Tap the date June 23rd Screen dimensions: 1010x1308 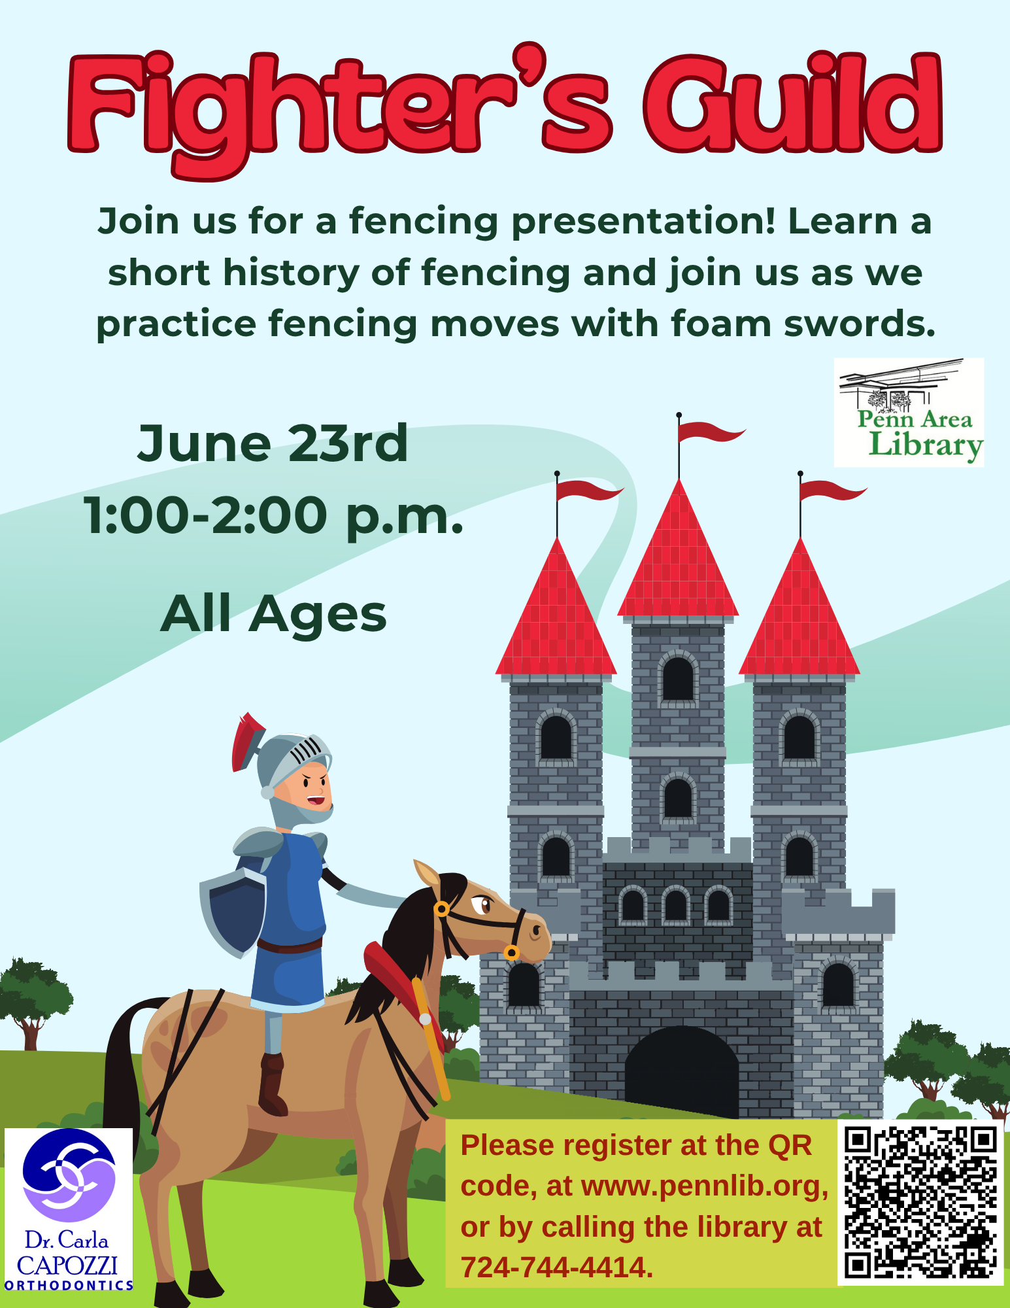[x=273, y=443]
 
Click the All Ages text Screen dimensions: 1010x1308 [x=274, y=614]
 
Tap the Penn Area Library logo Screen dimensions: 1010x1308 [x=909, y=413]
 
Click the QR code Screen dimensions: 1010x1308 [x=920, y=1202]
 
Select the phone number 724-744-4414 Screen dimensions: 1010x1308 [x=557, y=1267]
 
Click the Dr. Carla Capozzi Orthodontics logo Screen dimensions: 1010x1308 [x=69, y=1210]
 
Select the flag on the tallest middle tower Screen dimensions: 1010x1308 [x=709, y=431]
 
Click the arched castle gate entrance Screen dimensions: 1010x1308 [x=682, y=1073]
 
